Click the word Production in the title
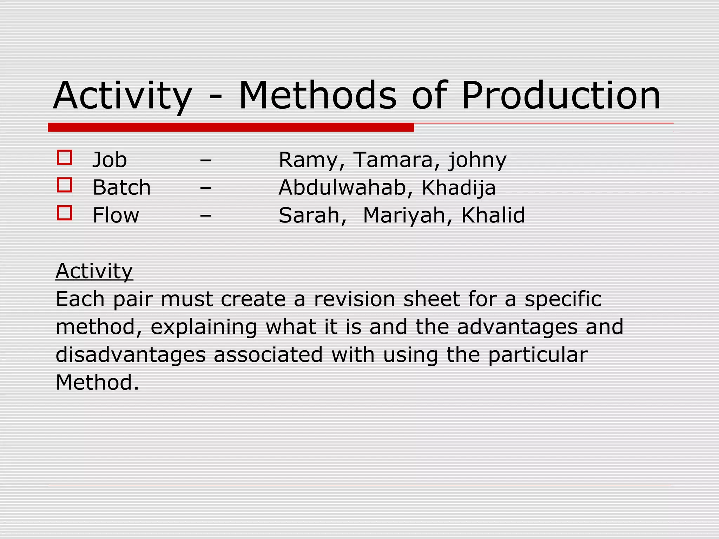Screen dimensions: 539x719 pyautogui.click(x=561, y=95)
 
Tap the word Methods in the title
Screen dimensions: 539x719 pyautogui.click(x=317, y=95)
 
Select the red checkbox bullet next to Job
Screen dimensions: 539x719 pyautogui.click(x=65, y=158)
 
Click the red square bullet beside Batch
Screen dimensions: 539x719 pyautogui.click(x=65, y=185)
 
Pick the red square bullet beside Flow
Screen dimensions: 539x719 pyautogui.click(x=65, y=213)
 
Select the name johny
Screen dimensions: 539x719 pyautogui.click(x=477, y=161)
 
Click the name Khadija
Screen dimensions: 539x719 pyautogui.click(x=459, y=188)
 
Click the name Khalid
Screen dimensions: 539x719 pyautogui.click(x=493, y=215)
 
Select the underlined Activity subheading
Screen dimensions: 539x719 pyautogui.click(x=94, y=271)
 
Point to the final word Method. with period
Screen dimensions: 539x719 pyautogui.click(x=97, y=382)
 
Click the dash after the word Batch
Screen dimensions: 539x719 pyautogui.click(x=205, y=188)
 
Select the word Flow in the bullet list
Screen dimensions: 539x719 pyautogui.click(x=116, y=215)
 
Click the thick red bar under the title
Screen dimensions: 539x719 pyautogui.click(x=231, y=127)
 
